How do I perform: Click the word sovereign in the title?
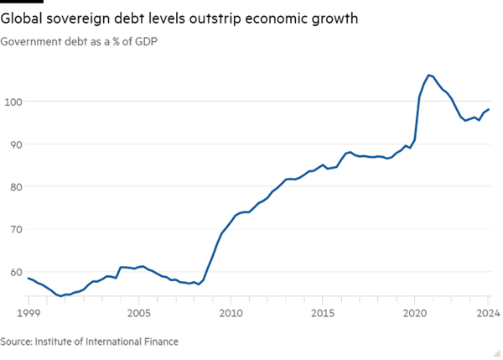coord(82,18)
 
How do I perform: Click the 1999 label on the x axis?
coord(29,314)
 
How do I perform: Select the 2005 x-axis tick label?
coord(139,314)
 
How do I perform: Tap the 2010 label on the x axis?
coord(231,314)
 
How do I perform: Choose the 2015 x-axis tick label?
coord(324,314)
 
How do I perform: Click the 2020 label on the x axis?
coord(416,314)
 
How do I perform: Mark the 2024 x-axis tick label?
coord(489,314)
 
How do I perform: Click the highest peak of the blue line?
coord(429,75)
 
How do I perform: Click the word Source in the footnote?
coord(18,342)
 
